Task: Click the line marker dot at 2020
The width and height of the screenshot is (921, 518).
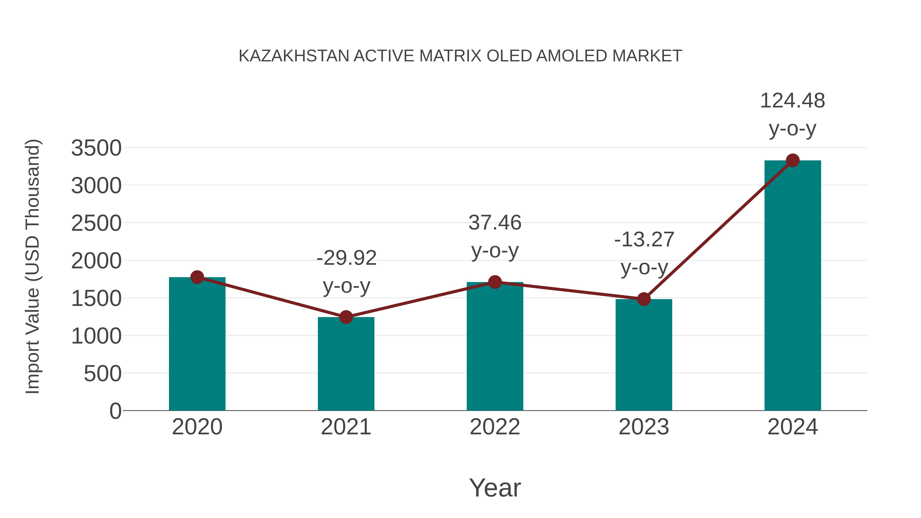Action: click(x=197, y=277)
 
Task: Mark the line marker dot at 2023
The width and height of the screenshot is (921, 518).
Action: click(x=644, y=299)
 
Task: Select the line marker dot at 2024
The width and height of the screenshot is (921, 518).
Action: click(x=793, y=160)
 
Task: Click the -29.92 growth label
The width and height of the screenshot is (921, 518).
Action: click(x=346, y=258)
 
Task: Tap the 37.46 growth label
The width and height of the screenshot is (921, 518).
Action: click(x=495, y=223)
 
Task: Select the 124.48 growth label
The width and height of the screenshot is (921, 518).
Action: click(x=792, y=101)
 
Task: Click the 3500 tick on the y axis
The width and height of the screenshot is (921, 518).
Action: click(x=96, y=148)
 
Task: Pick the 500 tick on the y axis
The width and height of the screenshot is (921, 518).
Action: click(x=103, y=374)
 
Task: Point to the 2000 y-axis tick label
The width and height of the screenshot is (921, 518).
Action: click(x=96, y=261)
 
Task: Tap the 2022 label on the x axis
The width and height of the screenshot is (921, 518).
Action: click(x=495, y=427)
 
